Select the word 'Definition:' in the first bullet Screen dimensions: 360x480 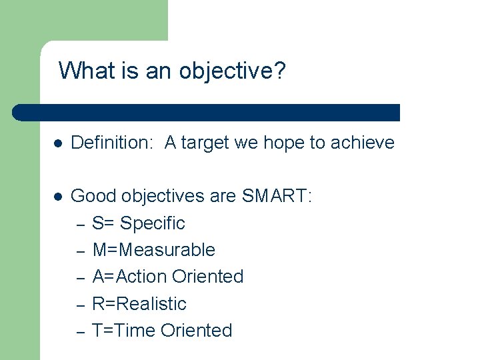coord(112,143)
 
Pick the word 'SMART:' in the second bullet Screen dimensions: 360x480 coord(277,196)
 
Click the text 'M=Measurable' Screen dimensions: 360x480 coord(154,250)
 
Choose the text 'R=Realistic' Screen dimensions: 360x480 coord(139,304)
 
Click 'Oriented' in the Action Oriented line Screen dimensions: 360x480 coord(207,277)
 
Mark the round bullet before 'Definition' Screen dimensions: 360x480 coord(58,143)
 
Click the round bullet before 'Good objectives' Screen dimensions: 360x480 coord(58,197)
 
